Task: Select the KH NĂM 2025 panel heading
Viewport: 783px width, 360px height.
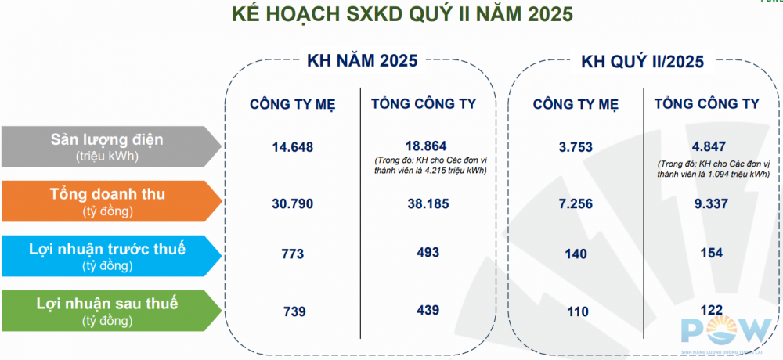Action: pyautogui.click(x=362, y=61)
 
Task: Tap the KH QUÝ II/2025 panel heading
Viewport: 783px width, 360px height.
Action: pyautogui.click(x=643, y=61)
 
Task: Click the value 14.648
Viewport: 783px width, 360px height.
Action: pyautogui.click(x=293, y=148)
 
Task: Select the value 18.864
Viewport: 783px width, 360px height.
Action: pyautogui.click(x=425, y=146)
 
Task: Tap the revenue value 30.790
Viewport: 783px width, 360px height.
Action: pyautogui.click(x=293, y=204)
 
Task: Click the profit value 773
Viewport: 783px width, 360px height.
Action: pyautogui.click(x=293, y=254)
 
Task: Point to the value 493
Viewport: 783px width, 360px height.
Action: pyautogui.click(x=428, y=253)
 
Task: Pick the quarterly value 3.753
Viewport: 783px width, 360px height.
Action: pyautogui.click(x=576, y=148)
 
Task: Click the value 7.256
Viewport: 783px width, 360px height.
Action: pyautogui.click(x=576, y=204)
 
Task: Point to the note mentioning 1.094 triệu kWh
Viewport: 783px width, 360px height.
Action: pyautogui.click(x=713, y=169)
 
